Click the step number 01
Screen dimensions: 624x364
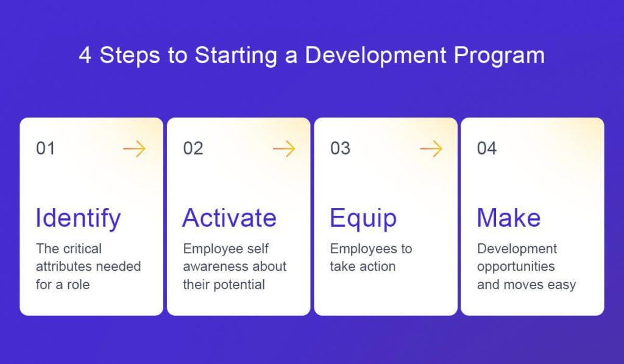tap(45, 149)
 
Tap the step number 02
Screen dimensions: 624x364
tap(193, 149)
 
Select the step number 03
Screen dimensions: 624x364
tap(340, 149)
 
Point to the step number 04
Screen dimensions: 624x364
tap(487, 149)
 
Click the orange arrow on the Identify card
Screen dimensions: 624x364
tap(135, 149)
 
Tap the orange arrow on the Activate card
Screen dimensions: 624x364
tap(284, 149)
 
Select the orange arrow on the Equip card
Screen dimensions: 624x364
tap(431, 149)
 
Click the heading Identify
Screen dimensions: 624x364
tap(78, 218)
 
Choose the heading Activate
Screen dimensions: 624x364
tap(230, 218)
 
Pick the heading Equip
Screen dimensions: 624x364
tap(363, 218)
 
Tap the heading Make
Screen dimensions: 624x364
tap(509, 218)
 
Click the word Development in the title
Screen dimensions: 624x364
tap(375, 55)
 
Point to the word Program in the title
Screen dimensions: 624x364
tap(500, 55)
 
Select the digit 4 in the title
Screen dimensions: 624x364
tap(85, 55)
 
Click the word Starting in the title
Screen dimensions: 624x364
tap(236, 55)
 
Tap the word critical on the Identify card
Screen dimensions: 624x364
tap(82, 249)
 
